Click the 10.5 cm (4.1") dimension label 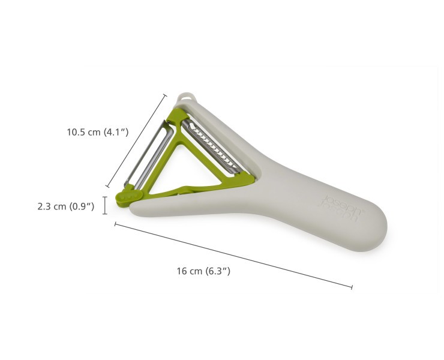click(x=97, y=132)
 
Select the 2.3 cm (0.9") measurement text click(x=66, y=206)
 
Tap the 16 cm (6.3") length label click(x=203, y=271)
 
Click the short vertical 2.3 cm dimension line click(x=105, y=205)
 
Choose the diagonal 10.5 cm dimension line click(x=136, y=141)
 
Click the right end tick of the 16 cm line click(x=352, y=287)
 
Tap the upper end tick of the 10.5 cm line click(x=165, y=94)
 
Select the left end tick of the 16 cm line click(x=115, y=224)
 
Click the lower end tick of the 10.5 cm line click(x=107, y=188)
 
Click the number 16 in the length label click(x=182, y=271)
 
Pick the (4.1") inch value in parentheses click(x=116, y=132)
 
